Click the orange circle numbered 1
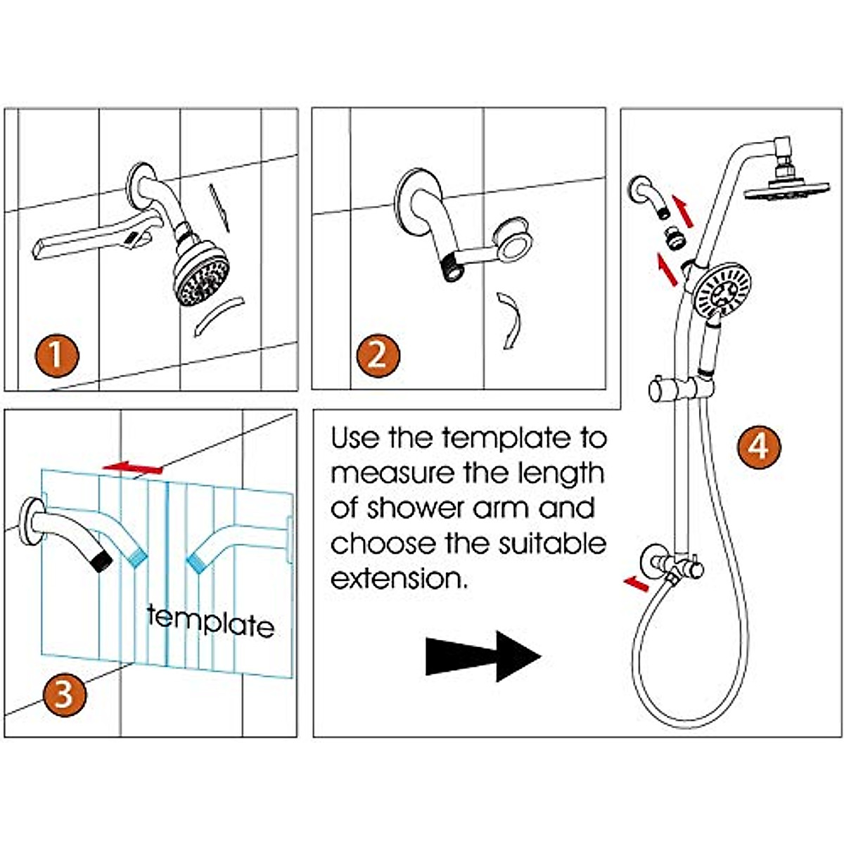click(x=56, y=355)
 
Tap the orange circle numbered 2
click(x=378, y=355)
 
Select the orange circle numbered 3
click(x=64, y=695)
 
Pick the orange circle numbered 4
click(x=759, y=446)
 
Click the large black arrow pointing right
click(x=483, y=656)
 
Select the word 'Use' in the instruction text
click(x=355, y=438)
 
